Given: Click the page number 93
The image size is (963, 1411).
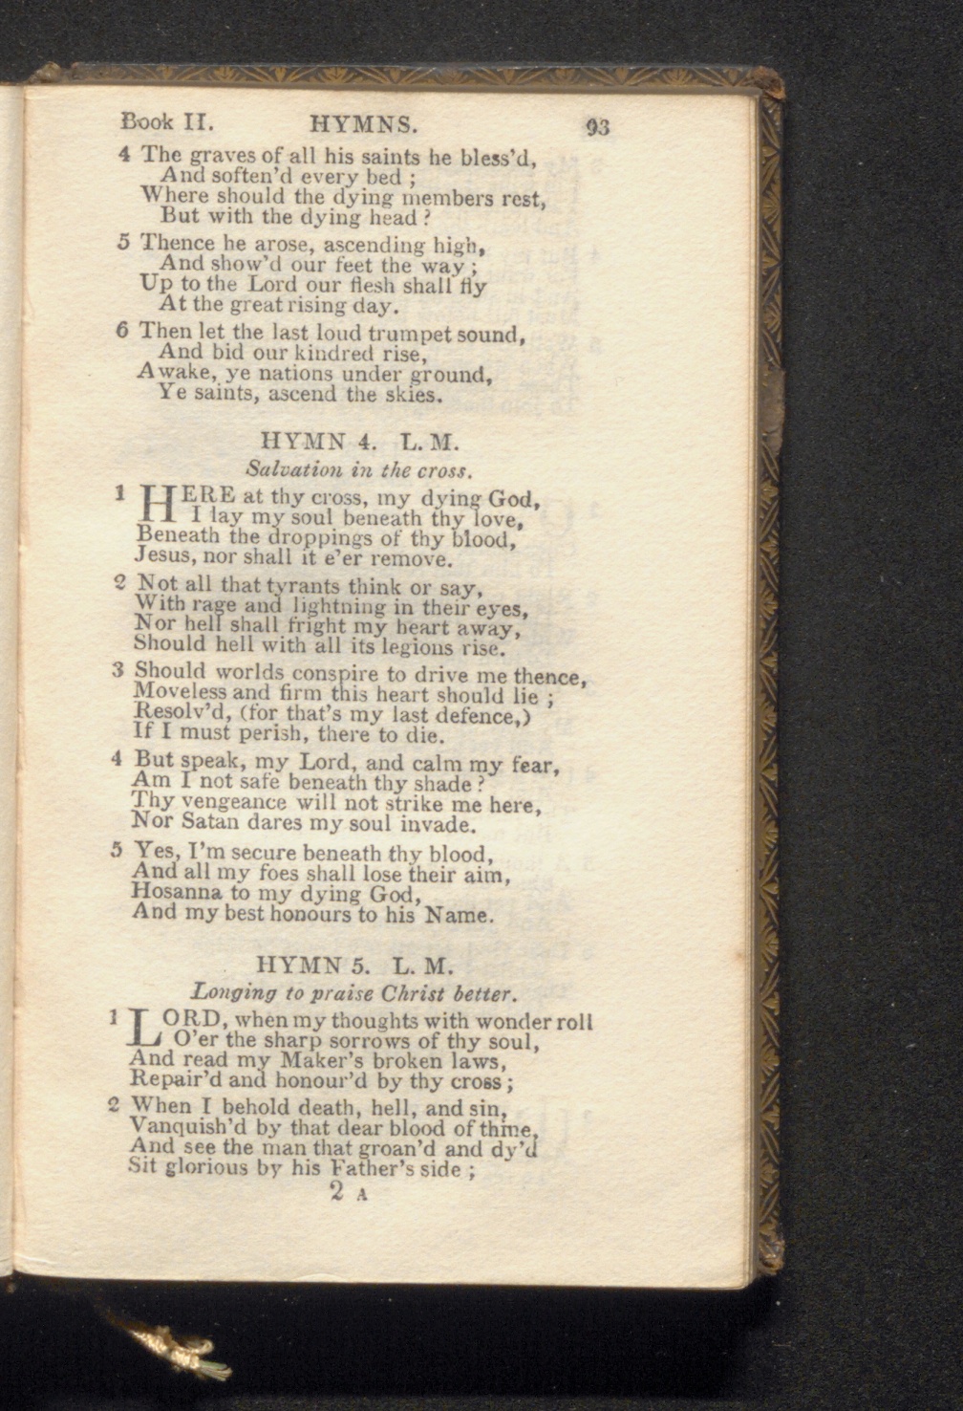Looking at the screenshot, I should pos(598,126).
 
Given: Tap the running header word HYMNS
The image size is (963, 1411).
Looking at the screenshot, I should pos(364,123).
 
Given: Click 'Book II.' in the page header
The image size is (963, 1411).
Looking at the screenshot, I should pos(166,121).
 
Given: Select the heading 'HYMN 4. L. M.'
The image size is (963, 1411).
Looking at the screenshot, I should pos(360,443).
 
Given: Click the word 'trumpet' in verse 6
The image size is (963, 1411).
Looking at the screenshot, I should pos(405,335).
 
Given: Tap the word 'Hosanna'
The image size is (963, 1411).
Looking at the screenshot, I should pos(179,893).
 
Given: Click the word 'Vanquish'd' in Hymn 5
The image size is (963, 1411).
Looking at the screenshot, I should pos(179,1127).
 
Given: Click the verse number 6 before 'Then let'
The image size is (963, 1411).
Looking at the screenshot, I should pos(122,332).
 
